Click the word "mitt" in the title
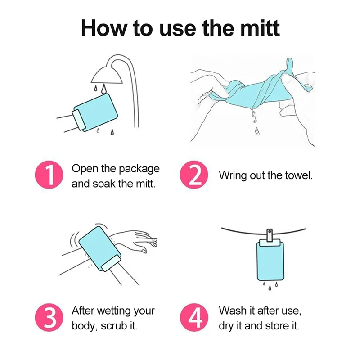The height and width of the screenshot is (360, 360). pyautogui.click(x=260, y=28)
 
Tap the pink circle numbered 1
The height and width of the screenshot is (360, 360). pyautogui.click(x=49, y=175)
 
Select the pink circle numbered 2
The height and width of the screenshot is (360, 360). pyautogui.click(x=194, y=175)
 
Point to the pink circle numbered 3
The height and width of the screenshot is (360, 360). pyautogui.click(x=49, y=317)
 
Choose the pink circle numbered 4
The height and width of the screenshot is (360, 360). pyautogui.click(x=194, y=317)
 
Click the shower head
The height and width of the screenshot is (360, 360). pyautogui.click(x=107, y=75)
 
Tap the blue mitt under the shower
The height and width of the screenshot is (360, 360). pyautogui.click(x=96, y=112)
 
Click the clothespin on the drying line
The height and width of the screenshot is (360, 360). pyautogui.click(x=270, y=235)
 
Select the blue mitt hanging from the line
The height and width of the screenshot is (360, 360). pyautogui.click(x=270, y=260)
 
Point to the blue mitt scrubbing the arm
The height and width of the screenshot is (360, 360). pyautogui.click(x=100, y=249)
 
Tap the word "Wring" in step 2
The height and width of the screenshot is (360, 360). pyautogui.click(x=233, y=175)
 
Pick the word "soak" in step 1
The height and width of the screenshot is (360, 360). pyautogui.click(x=104, y=184)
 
